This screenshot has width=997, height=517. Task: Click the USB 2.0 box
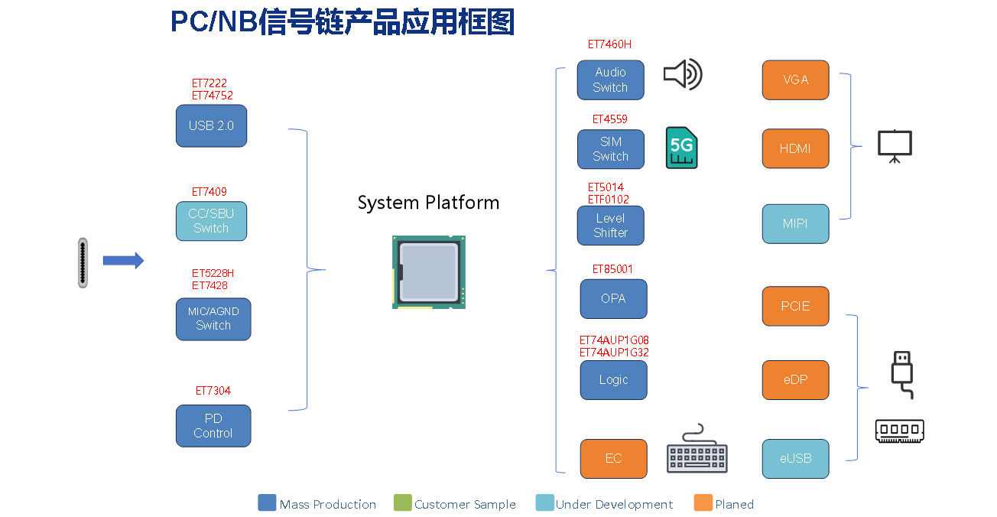(x=211, y=126)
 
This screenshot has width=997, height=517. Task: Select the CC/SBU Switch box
(x=211, y=221)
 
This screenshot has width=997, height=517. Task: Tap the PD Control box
(x=213, y=426)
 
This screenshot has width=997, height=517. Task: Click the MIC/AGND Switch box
(x=213, y=319)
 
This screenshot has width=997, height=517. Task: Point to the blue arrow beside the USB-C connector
(x=123, y=261)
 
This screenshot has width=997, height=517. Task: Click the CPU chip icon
(x=429, y=272)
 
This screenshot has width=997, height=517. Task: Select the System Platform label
(x=428, y=203)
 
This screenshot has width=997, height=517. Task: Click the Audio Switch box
(x=610, y=80)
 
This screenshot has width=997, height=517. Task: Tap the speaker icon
(x=682, y=75)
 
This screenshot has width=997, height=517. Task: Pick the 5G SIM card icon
(x=681, y=148)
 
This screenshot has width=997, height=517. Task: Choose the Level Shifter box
(x=610, y=226)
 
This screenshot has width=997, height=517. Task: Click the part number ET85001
(x=612, y=269)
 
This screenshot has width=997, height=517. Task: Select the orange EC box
(x=613, y=458)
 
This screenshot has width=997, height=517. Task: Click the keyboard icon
(x=697, y=451)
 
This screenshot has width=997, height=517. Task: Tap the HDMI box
(x=795, y=148)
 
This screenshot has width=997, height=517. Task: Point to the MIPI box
(x=795, y=224)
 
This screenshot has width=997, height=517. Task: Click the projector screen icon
(x=895, y=146)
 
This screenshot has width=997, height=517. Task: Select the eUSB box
(x=795, y=458)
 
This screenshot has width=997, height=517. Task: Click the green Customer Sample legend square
(x=402, y=503)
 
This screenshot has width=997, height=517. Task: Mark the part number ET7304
(x=213, y=391)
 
